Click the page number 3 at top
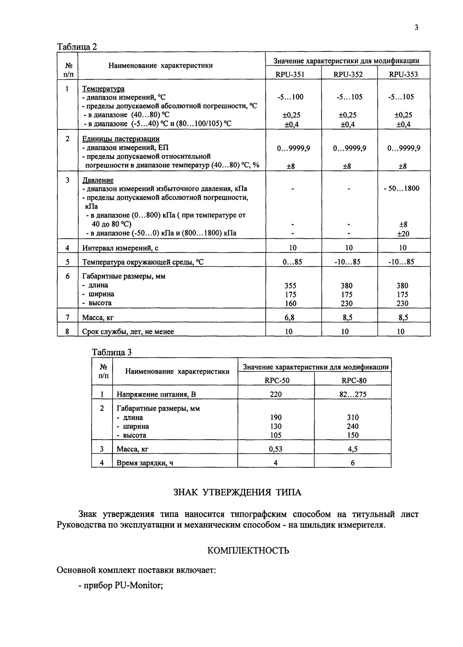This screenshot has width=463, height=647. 416,27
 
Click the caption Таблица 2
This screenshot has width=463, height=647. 77,46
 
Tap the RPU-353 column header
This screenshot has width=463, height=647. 404,74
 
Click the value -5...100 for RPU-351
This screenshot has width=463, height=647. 290,97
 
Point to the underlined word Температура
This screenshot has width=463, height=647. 103,88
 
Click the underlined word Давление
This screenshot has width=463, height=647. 98,180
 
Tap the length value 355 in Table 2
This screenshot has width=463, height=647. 290,286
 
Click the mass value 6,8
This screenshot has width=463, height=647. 289,317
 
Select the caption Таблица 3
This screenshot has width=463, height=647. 111,352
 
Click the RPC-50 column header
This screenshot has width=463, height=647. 277,381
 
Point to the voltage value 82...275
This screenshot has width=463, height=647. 353,394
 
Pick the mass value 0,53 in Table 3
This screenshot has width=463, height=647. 276,449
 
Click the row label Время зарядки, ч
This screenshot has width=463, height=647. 145,463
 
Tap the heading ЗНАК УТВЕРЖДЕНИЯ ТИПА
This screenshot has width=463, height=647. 237,492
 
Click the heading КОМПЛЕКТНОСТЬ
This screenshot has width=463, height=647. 248,551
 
